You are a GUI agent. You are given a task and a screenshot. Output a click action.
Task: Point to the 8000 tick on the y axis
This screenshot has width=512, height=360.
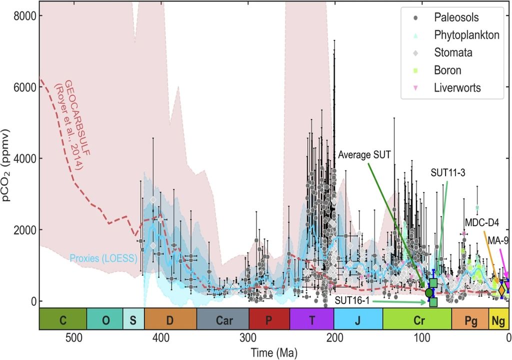(x=24, y=15)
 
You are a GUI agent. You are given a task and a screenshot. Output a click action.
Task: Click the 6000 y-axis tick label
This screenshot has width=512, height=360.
(x=24, y=87)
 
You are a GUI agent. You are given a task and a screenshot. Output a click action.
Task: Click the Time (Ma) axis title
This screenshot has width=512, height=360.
(x=274, y=351)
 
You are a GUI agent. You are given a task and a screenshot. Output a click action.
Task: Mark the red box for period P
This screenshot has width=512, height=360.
(x=269, y=319)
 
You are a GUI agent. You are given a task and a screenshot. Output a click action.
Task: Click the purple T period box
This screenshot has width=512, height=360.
(x=311, y=319)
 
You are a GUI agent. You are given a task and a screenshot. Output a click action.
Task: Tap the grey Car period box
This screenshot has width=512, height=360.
(x=222, y=319)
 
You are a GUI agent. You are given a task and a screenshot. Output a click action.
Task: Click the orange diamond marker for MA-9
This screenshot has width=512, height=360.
(x=502, y=289)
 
